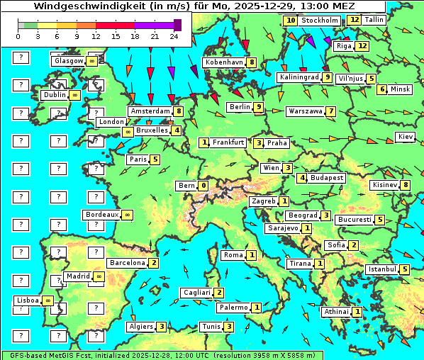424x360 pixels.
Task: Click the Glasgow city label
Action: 67,61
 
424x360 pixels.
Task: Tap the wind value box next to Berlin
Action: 260,107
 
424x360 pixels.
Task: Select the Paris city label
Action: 138,159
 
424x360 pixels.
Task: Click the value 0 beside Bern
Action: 203,186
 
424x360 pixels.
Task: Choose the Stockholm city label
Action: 319,21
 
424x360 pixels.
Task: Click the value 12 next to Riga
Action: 362,46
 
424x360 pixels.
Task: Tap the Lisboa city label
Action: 27,300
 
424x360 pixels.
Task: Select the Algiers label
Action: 140,327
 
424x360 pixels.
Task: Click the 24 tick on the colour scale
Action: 174,36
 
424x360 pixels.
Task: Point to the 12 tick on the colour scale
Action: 96,36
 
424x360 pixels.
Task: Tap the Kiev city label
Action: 406,136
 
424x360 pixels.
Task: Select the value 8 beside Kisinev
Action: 405,185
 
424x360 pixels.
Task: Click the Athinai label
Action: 336,312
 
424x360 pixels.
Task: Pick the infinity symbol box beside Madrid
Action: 99,276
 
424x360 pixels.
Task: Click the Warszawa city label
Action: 305,111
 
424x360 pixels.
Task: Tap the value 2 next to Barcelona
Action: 153,262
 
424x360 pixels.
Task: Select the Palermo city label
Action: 233,308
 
